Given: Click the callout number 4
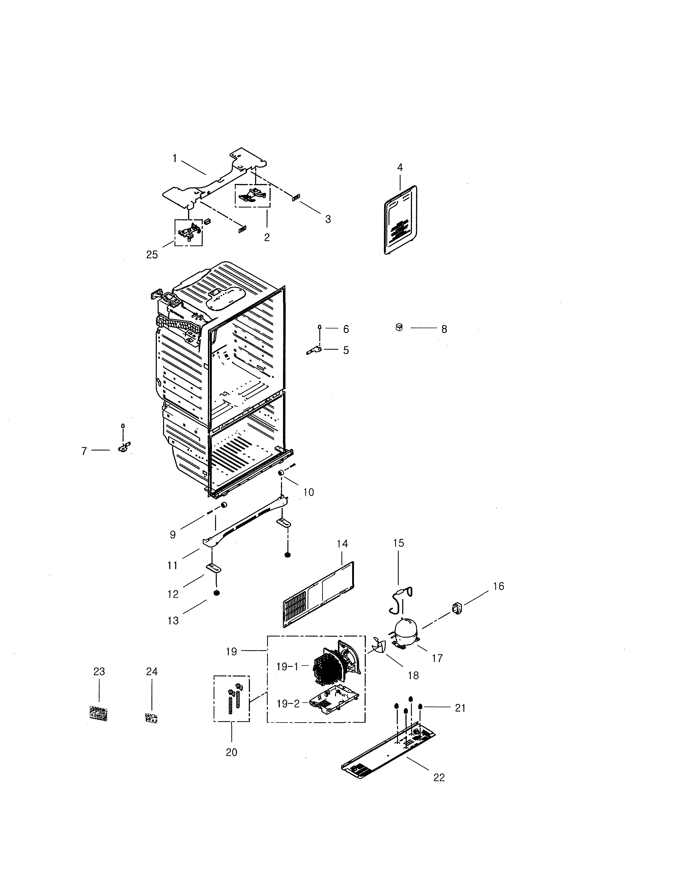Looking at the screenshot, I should click(x=400, y=167).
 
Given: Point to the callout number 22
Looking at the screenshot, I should click(x=439, y=777).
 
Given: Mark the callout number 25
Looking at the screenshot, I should click(x=152, y=255).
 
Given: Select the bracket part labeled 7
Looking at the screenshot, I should click(x=123, y=447).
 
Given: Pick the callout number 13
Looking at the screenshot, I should click(x=173, y=621).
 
